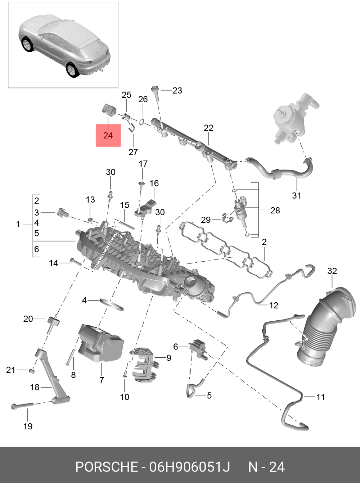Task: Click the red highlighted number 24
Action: click(108, 135)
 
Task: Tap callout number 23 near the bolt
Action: click(177, 90)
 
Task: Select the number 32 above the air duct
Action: click(332, 271)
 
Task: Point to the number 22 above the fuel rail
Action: click(208, 128)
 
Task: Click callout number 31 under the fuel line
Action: click(296, 195)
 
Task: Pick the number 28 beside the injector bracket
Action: click(275, 210)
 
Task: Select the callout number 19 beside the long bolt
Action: click(28, 426)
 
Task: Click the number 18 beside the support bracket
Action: click(35, 387)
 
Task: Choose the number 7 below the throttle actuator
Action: click(102, 380)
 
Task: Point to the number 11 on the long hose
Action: click(320, 397)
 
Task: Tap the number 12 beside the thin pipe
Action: click(274, 306)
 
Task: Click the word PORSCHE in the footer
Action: click(107, 467)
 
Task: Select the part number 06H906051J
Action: click(189, 467)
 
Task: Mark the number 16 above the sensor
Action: click(154, 183)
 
